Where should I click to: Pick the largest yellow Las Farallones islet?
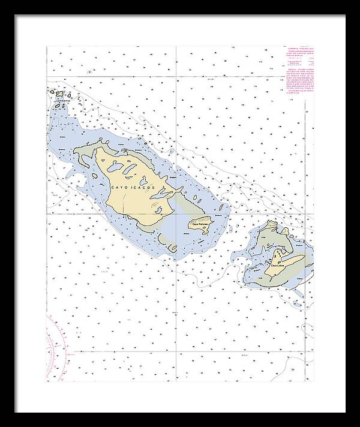pyautogui.click(x=59, y=94)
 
